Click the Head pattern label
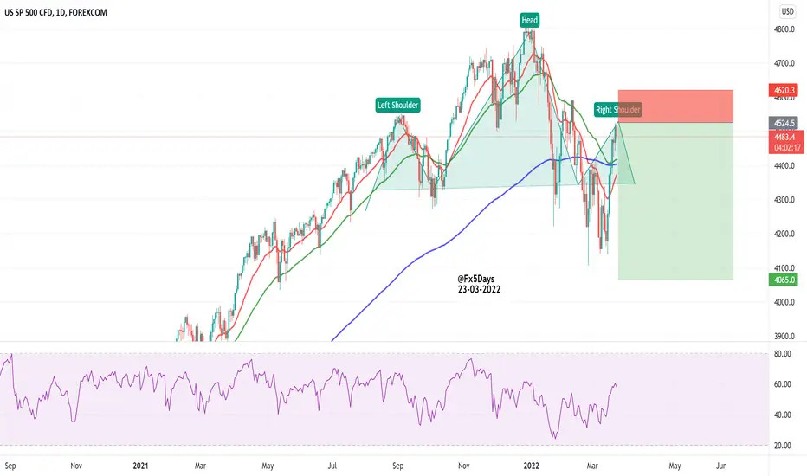[528, 19]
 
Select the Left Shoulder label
[397, 106]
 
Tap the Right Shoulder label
[618, 110]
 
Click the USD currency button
[788, 11]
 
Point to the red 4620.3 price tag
[787, 89]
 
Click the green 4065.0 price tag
[787, 280]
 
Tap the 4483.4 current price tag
[787, 137]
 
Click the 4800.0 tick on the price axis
[785, 29]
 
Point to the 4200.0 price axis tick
[785, 235]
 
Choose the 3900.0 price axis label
[785, 337]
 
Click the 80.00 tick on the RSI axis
[784, 354]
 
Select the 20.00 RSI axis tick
[784, 445]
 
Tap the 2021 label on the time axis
[141, 466]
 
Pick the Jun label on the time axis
[721, 466]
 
